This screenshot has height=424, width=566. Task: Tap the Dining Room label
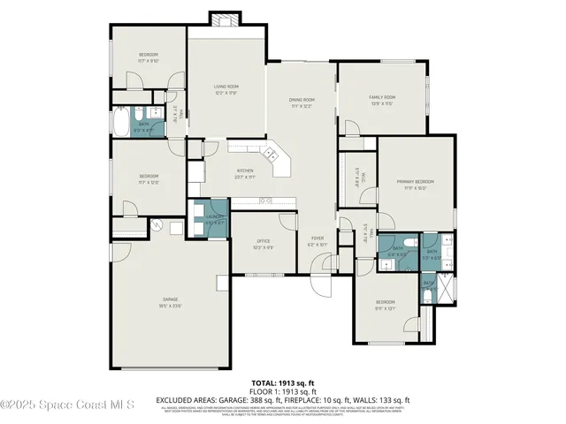click(302, 102)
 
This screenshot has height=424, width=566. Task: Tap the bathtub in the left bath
click(120, 120)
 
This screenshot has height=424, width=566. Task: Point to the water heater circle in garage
click(155, 225)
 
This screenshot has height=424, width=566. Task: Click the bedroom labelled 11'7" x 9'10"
click(147, 58)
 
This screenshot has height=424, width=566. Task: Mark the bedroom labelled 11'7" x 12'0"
click(148, 179)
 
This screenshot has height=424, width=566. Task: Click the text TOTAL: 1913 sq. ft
click(282, 382)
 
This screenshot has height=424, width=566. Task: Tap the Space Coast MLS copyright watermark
click(67, 405)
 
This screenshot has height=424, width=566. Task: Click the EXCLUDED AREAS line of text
click(282, 399)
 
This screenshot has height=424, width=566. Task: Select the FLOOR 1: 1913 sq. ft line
click(282, 390)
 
